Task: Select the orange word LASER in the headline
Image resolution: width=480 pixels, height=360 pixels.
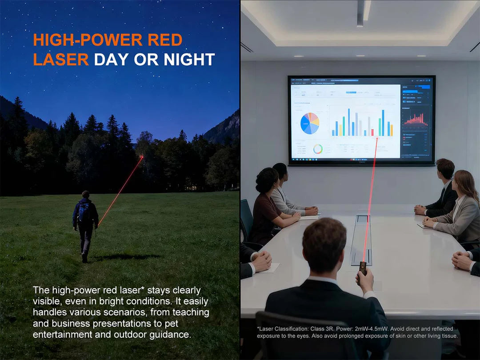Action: [x=60, y=60]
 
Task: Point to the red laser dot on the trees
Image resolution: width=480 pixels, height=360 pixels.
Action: [x=142, y=156]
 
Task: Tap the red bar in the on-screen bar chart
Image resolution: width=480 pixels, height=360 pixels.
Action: [x=372, y=132]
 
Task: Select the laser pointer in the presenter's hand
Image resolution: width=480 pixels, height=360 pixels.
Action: [x=363, y=268]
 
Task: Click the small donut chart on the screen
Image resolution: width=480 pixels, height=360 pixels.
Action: [x=317, y=149]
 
